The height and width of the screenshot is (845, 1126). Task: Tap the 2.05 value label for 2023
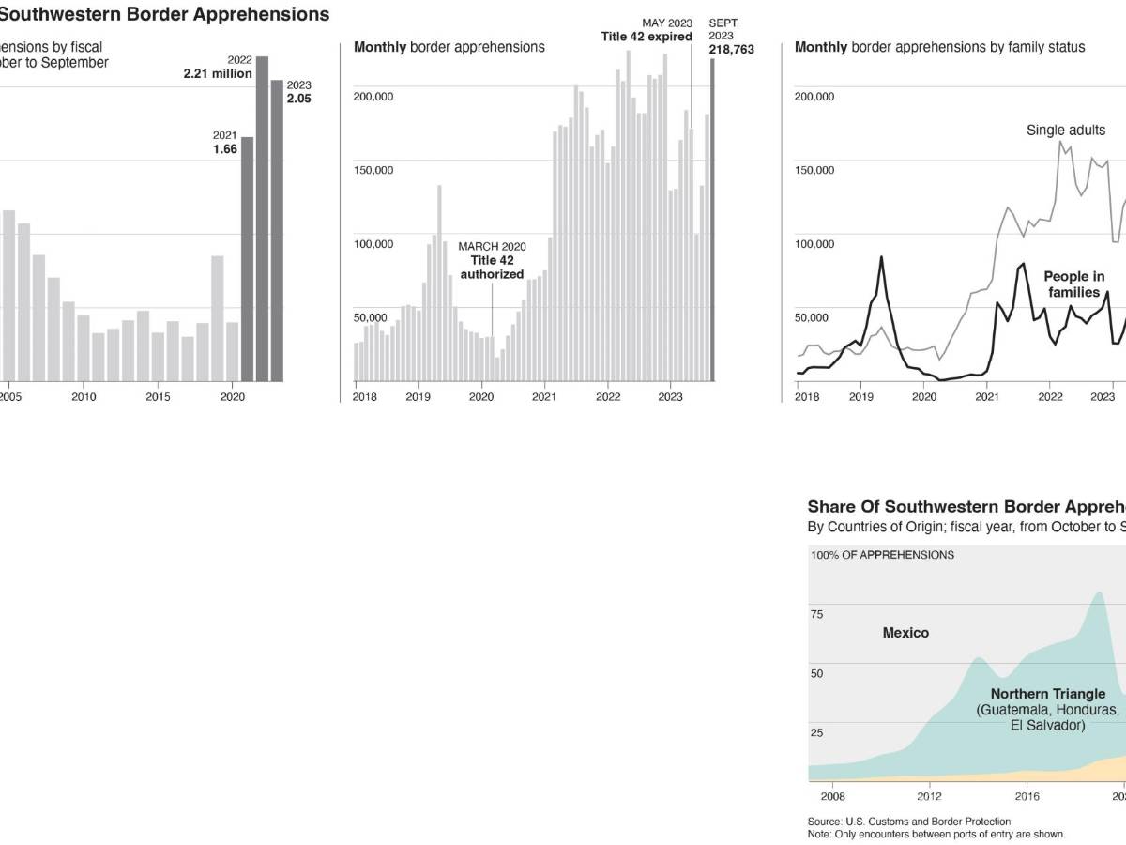click(298, 99)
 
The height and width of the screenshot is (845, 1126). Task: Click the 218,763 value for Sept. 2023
click(731, 49)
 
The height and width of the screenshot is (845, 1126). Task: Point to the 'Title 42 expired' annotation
click(647, 37)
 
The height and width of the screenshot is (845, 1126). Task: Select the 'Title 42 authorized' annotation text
click(492, 268)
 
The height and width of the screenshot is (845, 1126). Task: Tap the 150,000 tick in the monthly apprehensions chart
click(373, 170)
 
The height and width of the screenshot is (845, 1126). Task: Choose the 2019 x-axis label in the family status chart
click(861, 397)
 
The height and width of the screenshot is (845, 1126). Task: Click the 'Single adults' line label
click(1066, 131)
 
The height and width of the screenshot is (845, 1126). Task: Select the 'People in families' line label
click(1074, 284)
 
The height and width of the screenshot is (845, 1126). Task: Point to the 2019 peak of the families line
click(881, 257)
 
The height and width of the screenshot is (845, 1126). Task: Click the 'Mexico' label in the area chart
click(905, 633)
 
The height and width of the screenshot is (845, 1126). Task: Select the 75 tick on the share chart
click(816, 614)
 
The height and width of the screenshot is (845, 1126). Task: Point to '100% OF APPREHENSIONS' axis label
click(882, 555)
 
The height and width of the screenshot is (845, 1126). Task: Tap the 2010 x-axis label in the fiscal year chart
click(84, 397)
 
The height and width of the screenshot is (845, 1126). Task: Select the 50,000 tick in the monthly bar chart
click(370, 318)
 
